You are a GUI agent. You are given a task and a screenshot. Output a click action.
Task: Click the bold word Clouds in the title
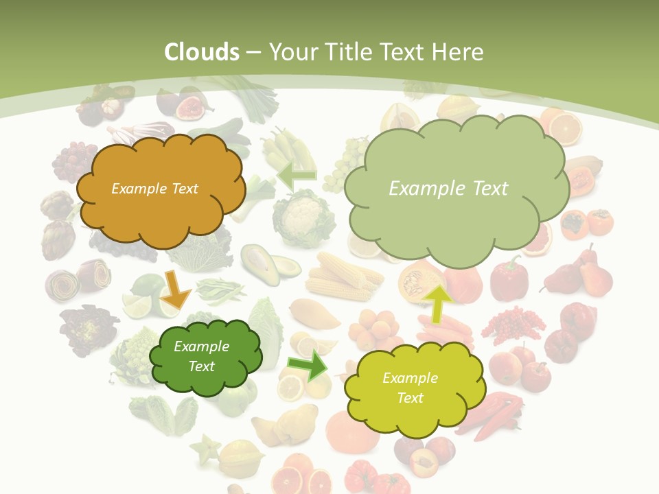pos(202,52)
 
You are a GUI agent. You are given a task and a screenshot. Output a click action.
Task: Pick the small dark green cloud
pos(205,357)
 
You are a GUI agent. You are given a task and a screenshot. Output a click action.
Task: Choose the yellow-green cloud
pos(412,388)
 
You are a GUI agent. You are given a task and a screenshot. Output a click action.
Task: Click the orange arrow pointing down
pos(176,290)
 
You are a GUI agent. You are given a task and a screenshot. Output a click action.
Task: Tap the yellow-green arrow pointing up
pos(437,302)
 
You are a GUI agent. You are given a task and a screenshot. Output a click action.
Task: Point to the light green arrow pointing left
pos(296,176)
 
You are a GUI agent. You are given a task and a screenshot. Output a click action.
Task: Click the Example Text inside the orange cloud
pos(154,189)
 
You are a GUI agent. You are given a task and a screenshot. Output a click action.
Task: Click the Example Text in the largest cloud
pos(448,189)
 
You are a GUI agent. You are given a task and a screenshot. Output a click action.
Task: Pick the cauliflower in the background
pos(302,218)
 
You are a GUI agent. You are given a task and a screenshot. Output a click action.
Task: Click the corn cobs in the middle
pos(343,277)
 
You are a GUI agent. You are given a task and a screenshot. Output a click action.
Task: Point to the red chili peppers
pos(494,415)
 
